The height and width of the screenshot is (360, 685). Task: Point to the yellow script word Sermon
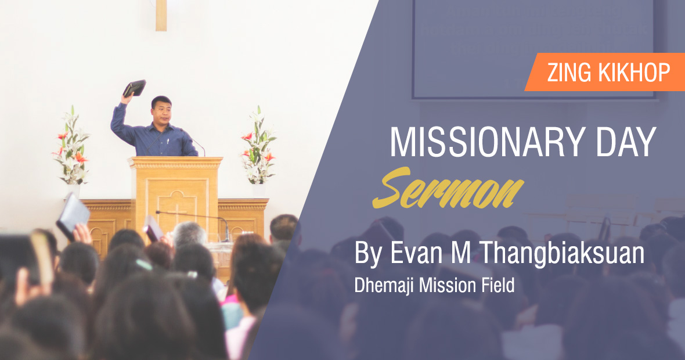(448, 188)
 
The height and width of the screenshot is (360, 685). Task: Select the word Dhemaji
(384, 285)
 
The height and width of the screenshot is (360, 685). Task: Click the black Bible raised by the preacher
(135, 88)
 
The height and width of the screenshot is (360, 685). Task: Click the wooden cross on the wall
(161, 15)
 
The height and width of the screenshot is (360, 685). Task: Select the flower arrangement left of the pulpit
(71, 146)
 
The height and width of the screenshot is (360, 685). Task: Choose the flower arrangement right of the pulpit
(258, 146)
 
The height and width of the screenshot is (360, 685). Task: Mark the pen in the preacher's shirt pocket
(168, 141)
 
